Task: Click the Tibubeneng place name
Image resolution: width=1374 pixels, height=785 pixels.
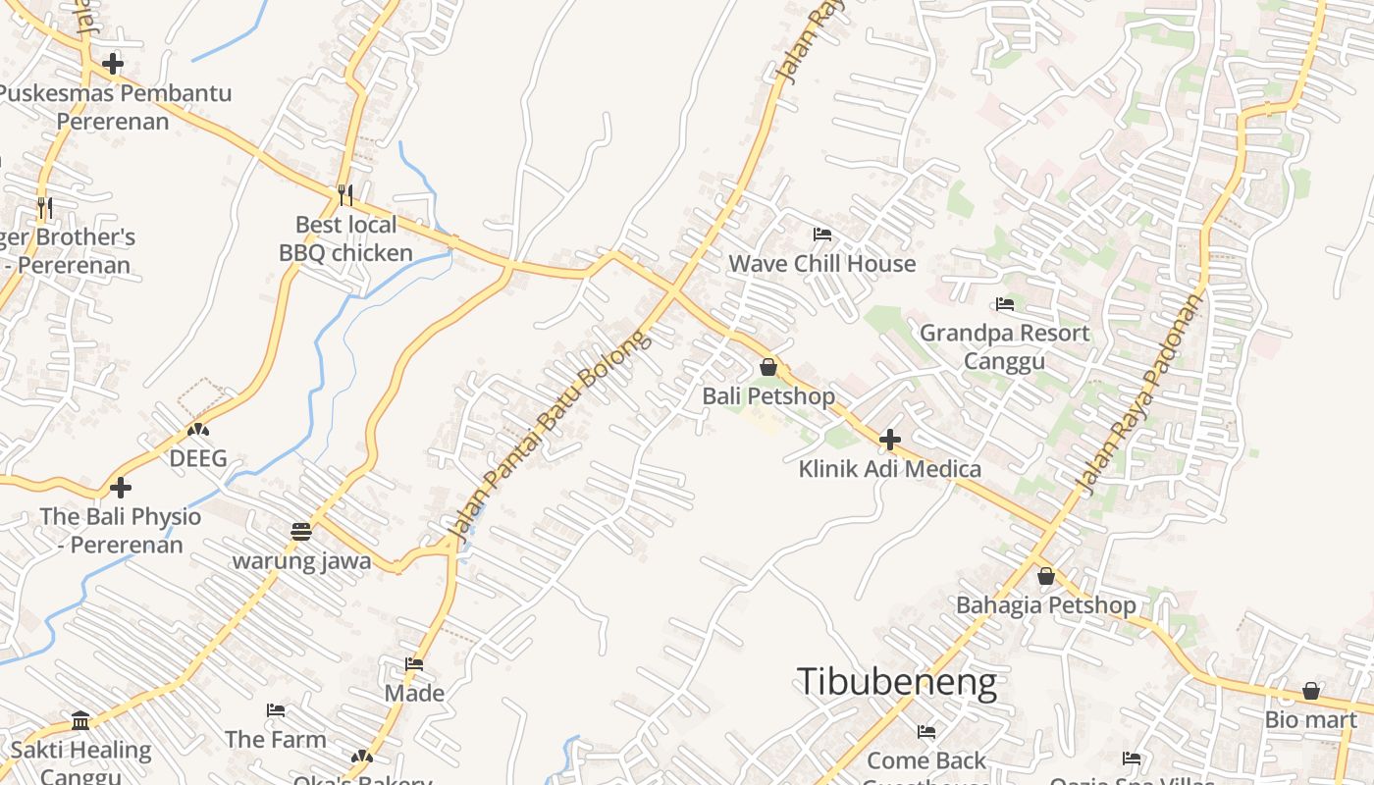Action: coord(896,681)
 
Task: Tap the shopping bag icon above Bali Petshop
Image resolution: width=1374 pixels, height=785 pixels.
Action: coord(768,367)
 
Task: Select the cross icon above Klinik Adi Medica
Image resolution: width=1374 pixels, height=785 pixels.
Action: coord(890,440)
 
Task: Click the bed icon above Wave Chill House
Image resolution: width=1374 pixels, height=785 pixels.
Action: coord(822,235)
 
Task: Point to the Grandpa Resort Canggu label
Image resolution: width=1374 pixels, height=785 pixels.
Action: coord(1003,346)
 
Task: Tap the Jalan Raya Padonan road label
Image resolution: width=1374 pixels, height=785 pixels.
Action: coord(1139,393)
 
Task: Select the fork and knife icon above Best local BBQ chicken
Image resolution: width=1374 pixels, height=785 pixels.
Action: coord(344,195)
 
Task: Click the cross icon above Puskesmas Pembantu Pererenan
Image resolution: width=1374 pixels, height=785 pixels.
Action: coord(113,64)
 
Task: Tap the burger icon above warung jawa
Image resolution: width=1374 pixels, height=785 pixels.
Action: coord(301,532)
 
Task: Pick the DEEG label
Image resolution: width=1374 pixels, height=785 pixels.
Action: coord(198,458)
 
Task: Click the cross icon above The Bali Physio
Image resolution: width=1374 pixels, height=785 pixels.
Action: coord(121,487)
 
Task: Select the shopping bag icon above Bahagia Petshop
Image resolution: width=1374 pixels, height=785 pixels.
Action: coord(1046,576)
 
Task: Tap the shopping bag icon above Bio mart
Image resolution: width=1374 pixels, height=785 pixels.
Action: coord(1311,691)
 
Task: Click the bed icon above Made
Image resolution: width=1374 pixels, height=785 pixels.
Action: coord(414,665)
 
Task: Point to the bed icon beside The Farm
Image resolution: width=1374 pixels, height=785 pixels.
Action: coord(276,710)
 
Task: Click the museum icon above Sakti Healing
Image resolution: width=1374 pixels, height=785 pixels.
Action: coord(81,721)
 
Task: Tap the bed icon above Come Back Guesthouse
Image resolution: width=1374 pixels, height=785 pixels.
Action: coord(925,732)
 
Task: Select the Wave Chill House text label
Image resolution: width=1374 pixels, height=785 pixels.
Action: coord(821,264)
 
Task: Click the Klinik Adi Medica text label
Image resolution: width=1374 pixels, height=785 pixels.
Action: coord(889,469)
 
